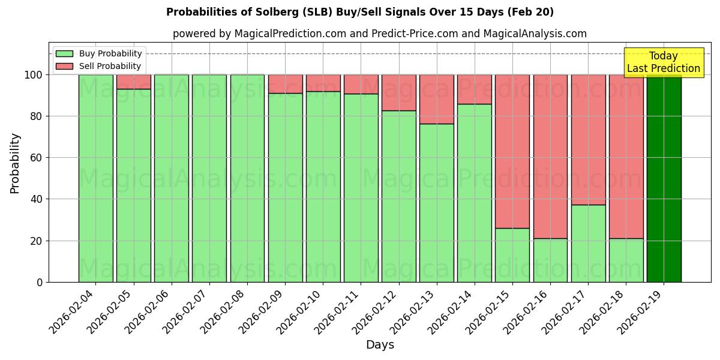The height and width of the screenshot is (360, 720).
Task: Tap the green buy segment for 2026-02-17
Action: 588,243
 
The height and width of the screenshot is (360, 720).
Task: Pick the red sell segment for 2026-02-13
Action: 437,99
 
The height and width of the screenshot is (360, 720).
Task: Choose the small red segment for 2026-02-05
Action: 133,82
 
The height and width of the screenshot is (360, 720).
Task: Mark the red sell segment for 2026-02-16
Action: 550,156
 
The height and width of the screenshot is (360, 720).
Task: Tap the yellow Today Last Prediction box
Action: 664,62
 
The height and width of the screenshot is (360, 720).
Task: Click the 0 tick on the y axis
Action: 39,282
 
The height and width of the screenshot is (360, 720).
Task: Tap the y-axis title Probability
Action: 15,163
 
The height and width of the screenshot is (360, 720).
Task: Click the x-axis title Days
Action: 380,345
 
